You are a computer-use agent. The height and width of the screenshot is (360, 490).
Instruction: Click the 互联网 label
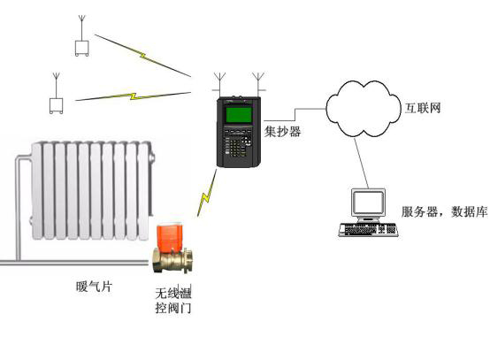pyautogui.click(x=423, y=108)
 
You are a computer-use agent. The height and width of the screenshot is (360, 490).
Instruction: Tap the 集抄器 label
pyautogui.click(x=282, y=132)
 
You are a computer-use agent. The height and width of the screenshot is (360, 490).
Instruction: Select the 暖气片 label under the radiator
pyautogui.click(x=94, y=287)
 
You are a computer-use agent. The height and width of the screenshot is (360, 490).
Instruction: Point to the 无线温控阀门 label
pyautogui.click(x=173, y=301)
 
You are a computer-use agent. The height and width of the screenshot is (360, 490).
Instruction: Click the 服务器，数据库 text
pyautogui.click(x=444, y=212)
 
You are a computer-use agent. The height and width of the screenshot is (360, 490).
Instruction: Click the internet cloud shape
pyautogui.click(x=364, y=109)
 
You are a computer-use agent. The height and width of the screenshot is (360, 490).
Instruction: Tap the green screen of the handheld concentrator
pyautogui.click(x=239, y=114)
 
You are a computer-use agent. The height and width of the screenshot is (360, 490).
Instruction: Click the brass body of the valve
pyautogui.click(x=172, y=260)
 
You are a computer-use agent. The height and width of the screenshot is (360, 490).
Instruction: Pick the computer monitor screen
pyautogui.click(x=368, y=203)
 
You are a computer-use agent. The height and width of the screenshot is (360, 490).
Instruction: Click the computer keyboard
pyautogui.click(x=368, y=230)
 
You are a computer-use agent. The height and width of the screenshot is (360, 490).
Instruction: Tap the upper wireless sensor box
pyautogui.click(x=82, y=49)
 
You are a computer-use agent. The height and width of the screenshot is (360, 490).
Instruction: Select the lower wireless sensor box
pyautogui.click(x=57, y=106)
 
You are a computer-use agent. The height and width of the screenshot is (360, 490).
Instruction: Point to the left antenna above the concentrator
pyautogui.click(x=219, y=84)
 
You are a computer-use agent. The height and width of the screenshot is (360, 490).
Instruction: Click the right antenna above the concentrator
pyautogui.click(x=258, y=84)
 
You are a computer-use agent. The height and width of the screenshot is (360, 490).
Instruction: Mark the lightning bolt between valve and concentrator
pyautogui.click(x=207, y=193)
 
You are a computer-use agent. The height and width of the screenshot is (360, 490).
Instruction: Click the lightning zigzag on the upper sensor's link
pyautogui.click(x=142, y=56)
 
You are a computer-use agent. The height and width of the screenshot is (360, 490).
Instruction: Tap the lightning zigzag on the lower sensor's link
pyautogui.click(x=134, y=96)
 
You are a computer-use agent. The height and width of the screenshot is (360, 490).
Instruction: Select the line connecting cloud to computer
pyautogui.click(x=361, y=164)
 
